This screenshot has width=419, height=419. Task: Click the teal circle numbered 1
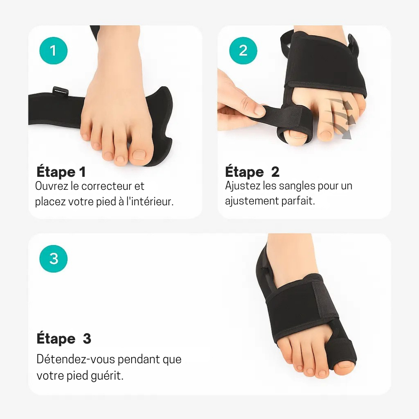point(53,50)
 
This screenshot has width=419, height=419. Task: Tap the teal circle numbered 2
point(243,50)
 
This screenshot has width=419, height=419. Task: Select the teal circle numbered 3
point(53,258)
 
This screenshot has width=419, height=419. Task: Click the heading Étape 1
point(61,172)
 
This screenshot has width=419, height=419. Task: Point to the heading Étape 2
point(252,172)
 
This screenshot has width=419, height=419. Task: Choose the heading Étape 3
point(64,339)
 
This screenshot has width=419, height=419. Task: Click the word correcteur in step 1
point(113,186)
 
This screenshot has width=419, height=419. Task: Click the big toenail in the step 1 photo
point(138,155)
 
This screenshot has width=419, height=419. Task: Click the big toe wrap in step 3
point(344,352)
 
